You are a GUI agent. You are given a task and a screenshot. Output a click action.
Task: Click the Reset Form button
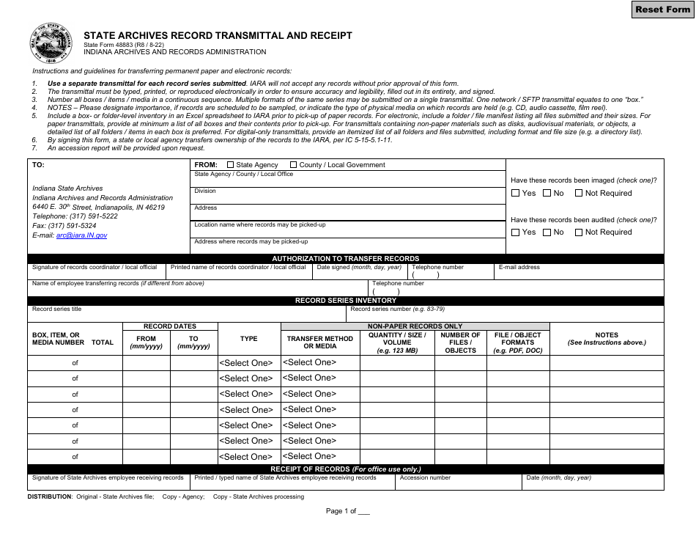click(x=662, y=10)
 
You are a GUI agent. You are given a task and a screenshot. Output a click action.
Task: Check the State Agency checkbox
click(x=231, y=165)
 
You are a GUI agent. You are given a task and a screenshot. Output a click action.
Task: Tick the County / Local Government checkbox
click(x=294, y=165)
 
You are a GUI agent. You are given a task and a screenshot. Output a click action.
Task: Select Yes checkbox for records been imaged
click(x=516, y=194)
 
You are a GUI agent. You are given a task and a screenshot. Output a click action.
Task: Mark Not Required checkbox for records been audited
click(x=579, y=232)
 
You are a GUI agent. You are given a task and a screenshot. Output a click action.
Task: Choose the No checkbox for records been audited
click(x=547, y=232)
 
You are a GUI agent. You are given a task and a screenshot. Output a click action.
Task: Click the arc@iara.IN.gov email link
click(x=81, y=235)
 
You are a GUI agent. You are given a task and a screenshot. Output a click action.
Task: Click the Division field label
click(x=205, y=191)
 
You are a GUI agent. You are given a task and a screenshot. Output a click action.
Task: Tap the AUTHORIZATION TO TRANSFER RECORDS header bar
click(x=346, y=259)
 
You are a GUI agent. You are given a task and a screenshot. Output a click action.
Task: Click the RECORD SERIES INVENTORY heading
click(x=346, y=301)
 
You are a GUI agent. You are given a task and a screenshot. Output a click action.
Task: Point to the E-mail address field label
click(x=519, y=268)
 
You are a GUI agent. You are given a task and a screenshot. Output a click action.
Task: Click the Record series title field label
click(x=57, y=309)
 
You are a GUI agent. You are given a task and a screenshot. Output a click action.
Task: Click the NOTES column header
click(x=607, y=339)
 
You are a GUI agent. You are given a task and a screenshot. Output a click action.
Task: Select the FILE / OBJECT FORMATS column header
click(x=517, y=342)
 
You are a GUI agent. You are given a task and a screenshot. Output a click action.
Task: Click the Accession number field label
click(x=425, y=478)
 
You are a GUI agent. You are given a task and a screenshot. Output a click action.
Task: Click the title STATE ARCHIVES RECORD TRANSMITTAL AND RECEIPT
click(x=218, y=35)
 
